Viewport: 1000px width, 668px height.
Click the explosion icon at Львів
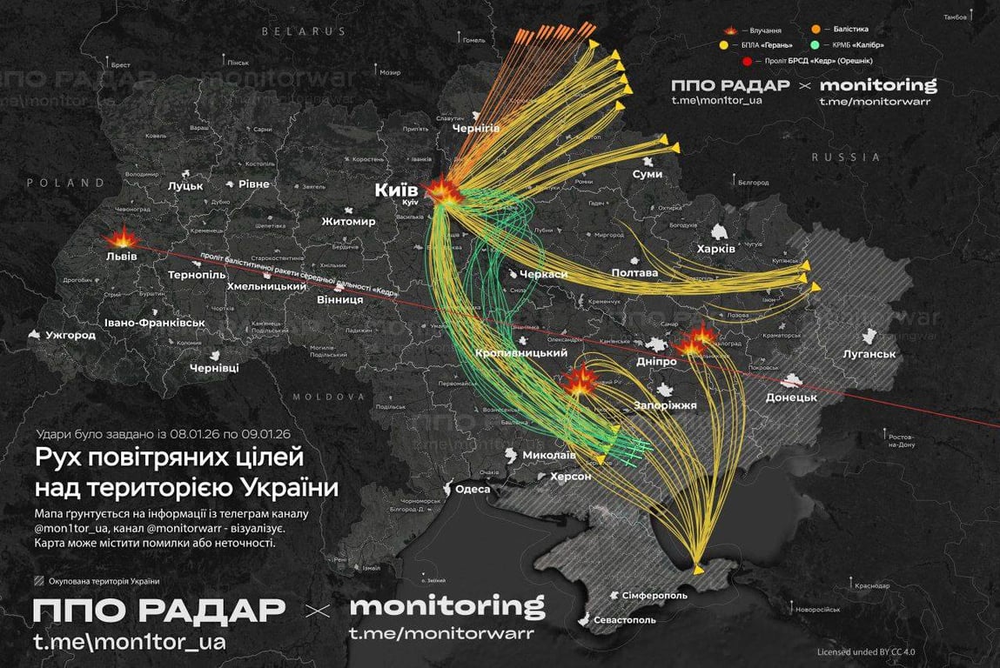120,238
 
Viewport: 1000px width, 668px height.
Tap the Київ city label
396,190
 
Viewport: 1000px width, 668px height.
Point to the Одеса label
473,489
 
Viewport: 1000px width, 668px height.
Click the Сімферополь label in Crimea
654,596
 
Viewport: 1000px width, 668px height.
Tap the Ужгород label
70,335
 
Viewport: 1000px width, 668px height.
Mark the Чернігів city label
476,128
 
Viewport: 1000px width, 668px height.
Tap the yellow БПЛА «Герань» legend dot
724,45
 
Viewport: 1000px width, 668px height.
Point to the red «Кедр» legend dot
747,61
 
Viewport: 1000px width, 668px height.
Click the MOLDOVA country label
328,397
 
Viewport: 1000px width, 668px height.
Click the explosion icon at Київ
444,191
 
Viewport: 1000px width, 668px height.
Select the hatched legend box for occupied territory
37,582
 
